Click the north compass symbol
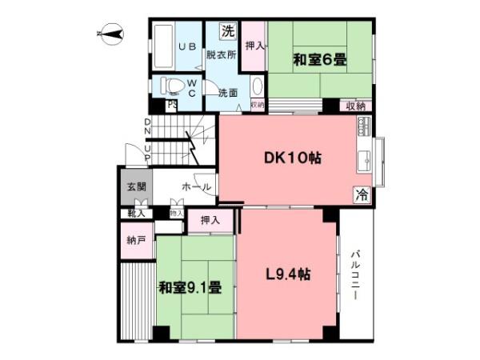pos(109,34)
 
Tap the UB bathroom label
pos(187,47)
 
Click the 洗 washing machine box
pos(229,33)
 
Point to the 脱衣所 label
pos(221,55)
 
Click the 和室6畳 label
pos(319,59)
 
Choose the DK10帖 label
pos(293,158)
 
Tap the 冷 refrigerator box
pos(362,193)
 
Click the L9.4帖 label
pos(288,274)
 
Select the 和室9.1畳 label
pos(189,287)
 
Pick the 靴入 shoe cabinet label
pos(136,214)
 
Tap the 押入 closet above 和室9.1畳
pos(210,220)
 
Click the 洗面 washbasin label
pos(228,93)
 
